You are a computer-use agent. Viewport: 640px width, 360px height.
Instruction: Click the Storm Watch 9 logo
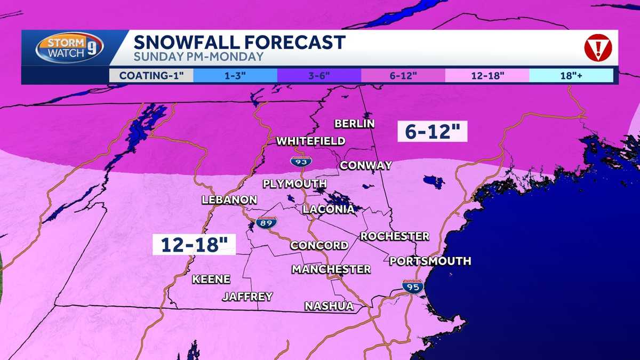[69, 48]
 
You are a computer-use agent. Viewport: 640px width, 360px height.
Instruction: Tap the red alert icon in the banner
[597, 49]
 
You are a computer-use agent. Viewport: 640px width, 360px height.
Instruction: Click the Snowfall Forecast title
[239, 42]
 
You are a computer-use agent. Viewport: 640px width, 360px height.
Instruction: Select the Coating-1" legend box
[151, 75]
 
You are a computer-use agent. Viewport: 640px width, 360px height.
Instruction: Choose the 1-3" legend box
[235, 75]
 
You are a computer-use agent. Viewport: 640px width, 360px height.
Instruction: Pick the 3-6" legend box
[319, 75]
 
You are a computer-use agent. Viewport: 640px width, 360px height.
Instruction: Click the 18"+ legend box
[571, 75]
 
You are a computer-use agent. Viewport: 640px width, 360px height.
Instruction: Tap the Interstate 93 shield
[301, 161]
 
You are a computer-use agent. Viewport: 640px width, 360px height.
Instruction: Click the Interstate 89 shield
[266, 222]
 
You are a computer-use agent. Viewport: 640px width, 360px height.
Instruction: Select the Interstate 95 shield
[413, 286]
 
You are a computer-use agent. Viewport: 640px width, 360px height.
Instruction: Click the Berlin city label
[355, 124]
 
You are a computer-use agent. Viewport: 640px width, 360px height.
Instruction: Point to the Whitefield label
[310, 141]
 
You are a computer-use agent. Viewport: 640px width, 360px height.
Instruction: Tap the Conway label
[366, 165]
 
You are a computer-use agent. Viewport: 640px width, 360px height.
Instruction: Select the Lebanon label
[229, 200]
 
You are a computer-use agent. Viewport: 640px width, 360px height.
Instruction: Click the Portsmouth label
[430, 261]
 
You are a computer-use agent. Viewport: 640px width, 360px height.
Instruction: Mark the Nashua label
[329, 306]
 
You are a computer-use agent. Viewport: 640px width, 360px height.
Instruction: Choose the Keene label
[211, 279]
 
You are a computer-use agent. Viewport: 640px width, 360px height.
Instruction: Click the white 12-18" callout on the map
[194, 245]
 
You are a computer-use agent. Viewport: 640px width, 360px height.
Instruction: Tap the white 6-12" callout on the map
[433, 131]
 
